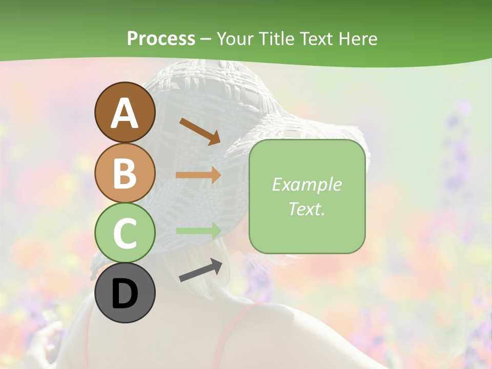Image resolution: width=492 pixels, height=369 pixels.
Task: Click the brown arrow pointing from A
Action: click(200, 131)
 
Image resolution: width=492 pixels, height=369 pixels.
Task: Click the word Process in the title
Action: click(161, 38)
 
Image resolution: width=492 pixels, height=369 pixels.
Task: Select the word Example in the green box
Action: click(307, 184)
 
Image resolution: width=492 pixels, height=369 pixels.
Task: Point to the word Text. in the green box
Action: click(307, 209)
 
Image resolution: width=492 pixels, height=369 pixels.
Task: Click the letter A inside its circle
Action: click(125, 113)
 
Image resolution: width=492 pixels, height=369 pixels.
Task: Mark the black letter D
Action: click(125, 294)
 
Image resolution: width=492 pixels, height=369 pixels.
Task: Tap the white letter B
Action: click(125, 173)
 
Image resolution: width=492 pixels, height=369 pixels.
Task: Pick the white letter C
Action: click(125, 233)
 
